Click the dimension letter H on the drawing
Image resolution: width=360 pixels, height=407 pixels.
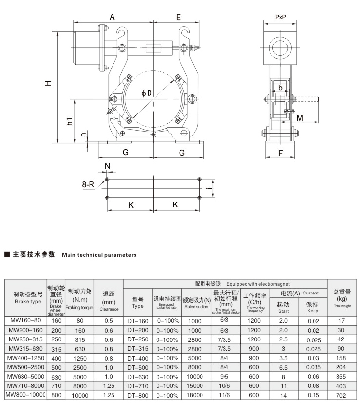pyautogui.click(x=48, y=84)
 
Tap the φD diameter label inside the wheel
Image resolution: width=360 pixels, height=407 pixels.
pyautogui.click(x=147, y=93)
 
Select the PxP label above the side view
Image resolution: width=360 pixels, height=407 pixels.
pyautogui.click(x=281, y=17)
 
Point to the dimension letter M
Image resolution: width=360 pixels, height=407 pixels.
pyautogui.click(x=300, y=118)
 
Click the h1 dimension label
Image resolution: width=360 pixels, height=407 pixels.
pyautogui.click(x=70, y=121)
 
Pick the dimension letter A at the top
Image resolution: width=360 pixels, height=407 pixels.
pyautogui.click(x=112, y=17)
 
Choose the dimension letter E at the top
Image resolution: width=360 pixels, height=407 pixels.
pyautogui.click(x=179, y=17)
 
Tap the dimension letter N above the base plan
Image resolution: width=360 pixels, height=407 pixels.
pyautogui.click(x=107, y=166)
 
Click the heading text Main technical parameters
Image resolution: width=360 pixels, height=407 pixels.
pyautogui.click(x=99, y=255)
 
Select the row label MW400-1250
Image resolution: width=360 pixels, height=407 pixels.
pyautogui.click(x=25, y=358)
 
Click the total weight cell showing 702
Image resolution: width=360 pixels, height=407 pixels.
pyautogui.click(x=342, y=395)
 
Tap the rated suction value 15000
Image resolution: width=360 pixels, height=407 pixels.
pyautogui.click(x=194, y=386)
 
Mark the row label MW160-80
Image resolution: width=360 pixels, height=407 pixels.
pyautogui.click(x=25, y=321)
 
